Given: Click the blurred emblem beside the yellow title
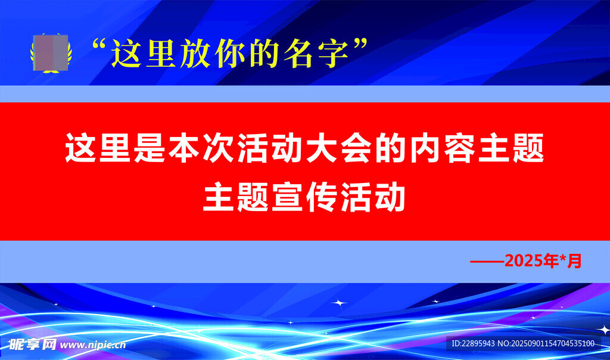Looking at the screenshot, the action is (x=51, y=53).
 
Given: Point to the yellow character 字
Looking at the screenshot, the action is (x=332, y=53).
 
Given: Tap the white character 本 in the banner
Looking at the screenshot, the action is (x=183, y=148).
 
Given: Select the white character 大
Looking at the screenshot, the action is (x=321, y=148).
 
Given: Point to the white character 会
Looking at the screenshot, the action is (x=356, y=148).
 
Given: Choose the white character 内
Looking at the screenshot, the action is (x=425, y=148).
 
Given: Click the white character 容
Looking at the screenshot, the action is (x=459, y=148).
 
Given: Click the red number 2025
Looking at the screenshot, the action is (x=524, y=260).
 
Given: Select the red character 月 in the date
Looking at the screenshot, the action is (x=574, y=260).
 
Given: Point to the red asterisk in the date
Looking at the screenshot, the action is (x=562, y=257).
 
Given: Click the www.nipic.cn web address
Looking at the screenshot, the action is (x=93, y=345).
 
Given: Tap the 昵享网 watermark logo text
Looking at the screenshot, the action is (x=33, y=345).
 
